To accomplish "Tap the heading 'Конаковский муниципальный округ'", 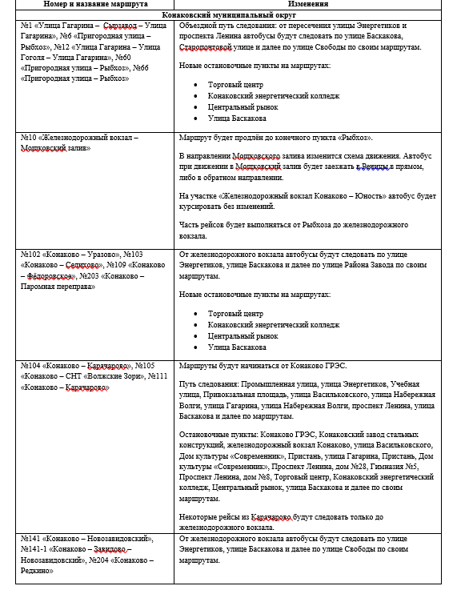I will pyautogui.click(x=230, y=14).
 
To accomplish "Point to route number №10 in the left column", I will pyautogui.click(x=27, y=138).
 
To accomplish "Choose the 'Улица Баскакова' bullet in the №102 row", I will pyautogui.click(x=237, y=347).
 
